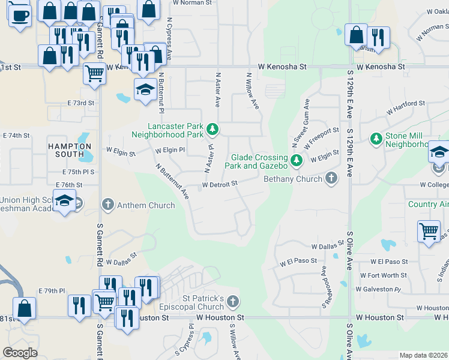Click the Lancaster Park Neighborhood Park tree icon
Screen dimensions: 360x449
tap(212, 129)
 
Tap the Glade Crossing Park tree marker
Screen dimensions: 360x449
tap(296, 160)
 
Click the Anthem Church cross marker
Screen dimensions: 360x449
tap(108, 205)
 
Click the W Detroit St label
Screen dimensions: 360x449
tap(220, 184)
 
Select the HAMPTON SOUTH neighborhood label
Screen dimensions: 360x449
tap(70, 150)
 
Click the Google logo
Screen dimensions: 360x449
tap(20, 353)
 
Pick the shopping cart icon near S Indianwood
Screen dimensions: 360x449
tap(429, 231)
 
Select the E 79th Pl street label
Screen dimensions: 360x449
tap(52, 291)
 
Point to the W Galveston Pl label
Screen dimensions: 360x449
tap(381, 289)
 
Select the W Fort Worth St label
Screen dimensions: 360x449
tap(388, 275)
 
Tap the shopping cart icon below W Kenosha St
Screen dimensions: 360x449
tap(94, 73)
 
